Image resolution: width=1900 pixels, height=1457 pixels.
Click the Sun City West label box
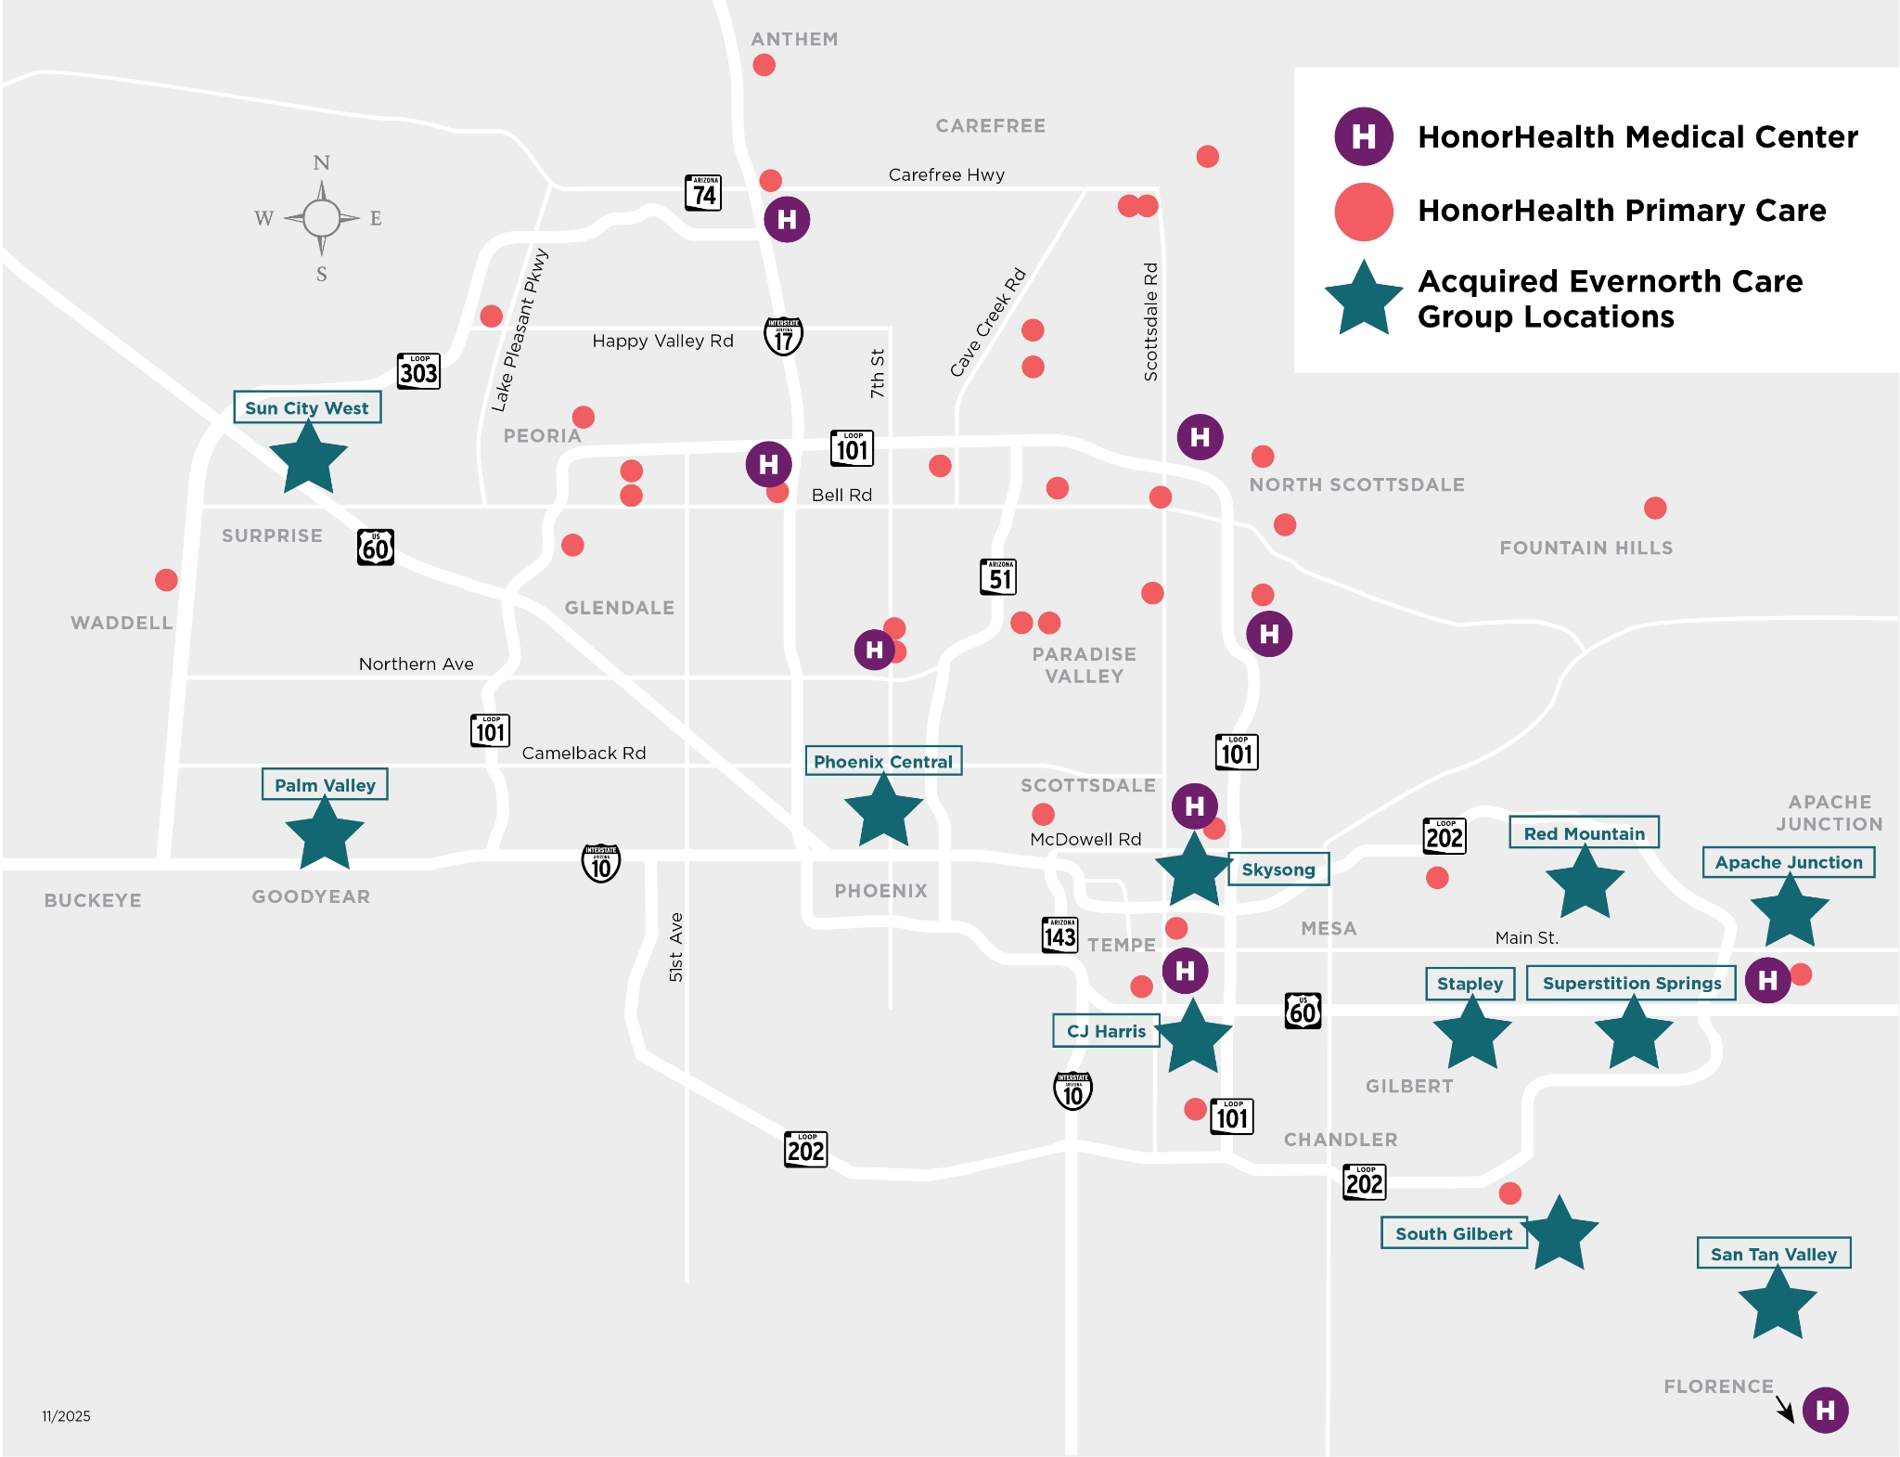tap(307, 407)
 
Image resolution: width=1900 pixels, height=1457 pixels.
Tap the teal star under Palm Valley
tap(324, 834)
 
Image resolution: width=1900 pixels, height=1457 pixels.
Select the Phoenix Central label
tap(882, 761)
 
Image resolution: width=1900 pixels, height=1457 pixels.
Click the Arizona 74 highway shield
tap(703, 193)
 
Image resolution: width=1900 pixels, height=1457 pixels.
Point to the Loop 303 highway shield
tap(418, 371)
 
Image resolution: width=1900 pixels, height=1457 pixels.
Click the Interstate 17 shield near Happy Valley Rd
tap(784, 336)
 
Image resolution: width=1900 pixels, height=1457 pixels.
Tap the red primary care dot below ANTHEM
tap(764, 65)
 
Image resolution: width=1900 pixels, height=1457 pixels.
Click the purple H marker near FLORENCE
tap(1825, 1410)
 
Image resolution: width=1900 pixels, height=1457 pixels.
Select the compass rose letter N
tap(321, 163)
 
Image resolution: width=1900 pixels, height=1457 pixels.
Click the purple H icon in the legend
tap(1363, 136)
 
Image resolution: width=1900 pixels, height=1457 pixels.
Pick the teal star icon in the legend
tap(1363, 299)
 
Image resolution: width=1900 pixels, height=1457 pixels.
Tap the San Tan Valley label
tap(1773, 1254)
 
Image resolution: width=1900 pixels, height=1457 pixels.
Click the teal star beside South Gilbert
tap(1560, 1233)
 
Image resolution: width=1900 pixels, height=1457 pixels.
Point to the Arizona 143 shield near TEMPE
tap(1059, 935)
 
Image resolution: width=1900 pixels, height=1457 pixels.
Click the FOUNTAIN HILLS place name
tap(1585, 548)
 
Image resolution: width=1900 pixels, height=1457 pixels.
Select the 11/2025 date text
tap(66, 1416)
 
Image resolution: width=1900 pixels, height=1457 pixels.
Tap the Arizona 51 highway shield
tap(998, 577)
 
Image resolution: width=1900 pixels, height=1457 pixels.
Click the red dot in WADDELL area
tap(166, 580)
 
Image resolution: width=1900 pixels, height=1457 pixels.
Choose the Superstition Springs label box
tap(1631, 983)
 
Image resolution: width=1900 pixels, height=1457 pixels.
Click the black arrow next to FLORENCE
tap(1785, 1409)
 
